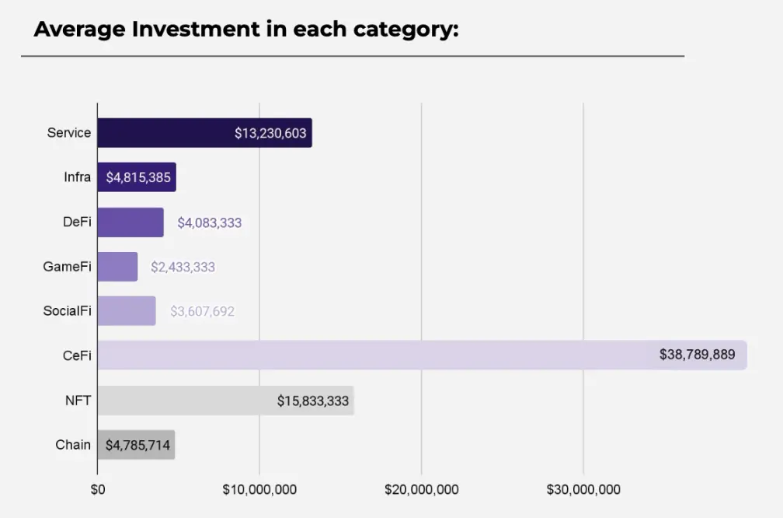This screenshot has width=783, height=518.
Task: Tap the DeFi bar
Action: click(x=130, y=222)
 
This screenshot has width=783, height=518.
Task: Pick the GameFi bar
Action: click(x=117, y=267)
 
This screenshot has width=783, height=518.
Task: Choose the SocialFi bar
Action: click(x=127, y=311)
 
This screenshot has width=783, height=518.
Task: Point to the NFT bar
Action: click(x=186, y=401)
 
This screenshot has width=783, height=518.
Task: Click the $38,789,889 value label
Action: click(x=697, y=355)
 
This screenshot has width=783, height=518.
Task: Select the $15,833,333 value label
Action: click(x=312, y=401)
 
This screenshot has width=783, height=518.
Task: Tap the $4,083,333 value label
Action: click(x=209, y=223)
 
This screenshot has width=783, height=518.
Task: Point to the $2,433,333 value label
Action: click(x=183, y=268)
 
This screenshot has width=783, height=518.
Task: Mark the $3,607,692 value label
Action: click(x=202, y=312)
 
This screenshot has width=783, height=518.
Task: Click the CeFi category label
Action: click(x=77, y=355)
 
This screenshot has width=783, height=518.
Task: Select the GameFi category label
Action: click(x=68, y=267)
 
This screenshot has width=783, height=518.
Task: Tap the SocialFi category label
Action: click(x=67, y=311)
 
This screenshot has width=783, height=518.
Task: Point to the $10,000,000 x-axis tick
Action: click(x=259, y=489)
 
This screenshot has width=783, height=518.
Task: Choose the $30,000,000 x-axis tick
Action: click(x=583, y=489)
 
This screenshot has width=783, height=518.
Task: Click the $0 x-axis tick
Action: click(x=97, y=489)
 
